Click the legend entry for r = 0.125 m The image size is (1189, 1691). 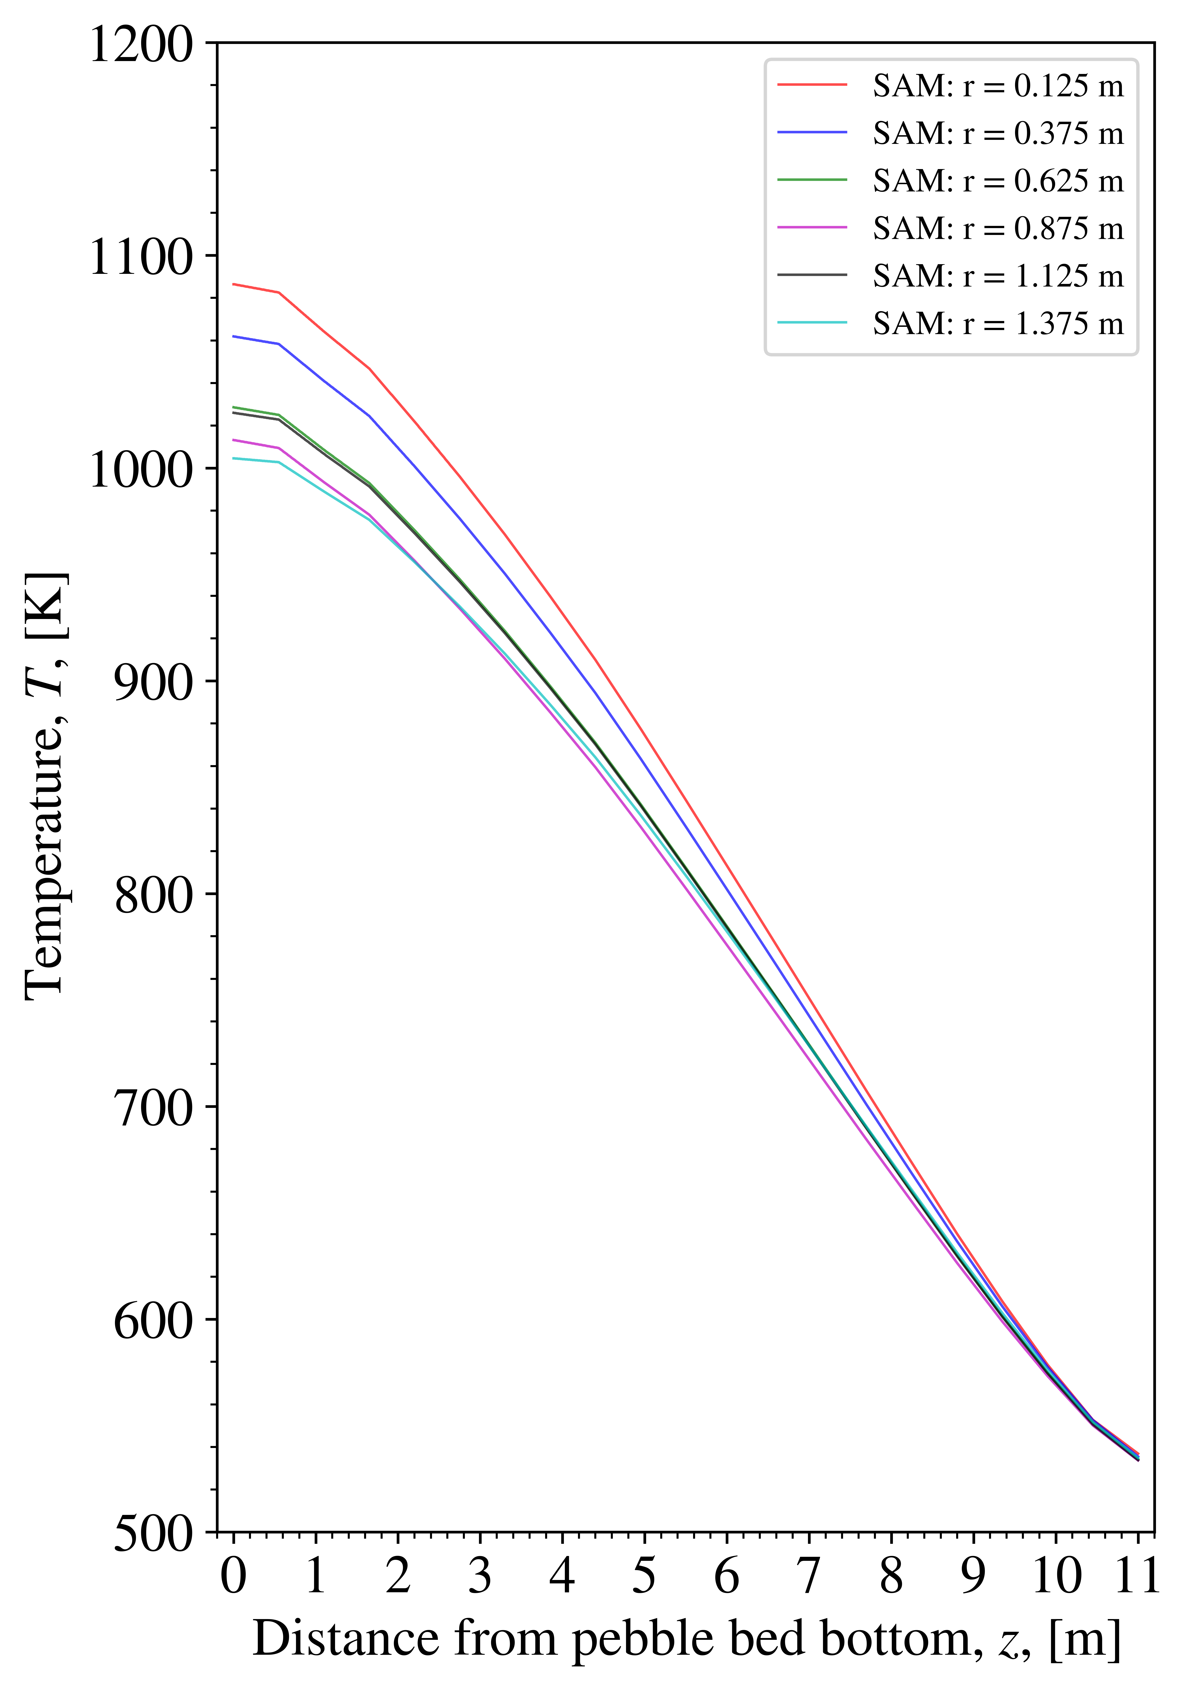point(998,86)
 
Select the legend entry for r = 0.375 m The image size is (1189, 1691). point(998,133)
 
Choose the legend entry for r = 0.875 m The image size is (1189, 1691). point(998,228)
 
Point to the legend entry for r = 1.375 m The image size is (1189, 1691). point(998,323)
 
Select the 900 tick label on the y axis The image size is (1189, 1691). point(152,683)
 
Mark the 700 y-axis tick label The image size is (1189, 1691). point(152,1108)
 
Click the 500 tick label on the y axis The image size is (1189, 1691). point(152,1533)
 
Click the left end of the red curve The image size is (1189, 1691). point(233,284)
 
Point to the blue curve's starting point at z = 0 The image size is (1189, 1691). point(233,336)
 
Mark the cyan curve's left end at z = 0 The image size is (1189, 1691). point(233,458)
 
